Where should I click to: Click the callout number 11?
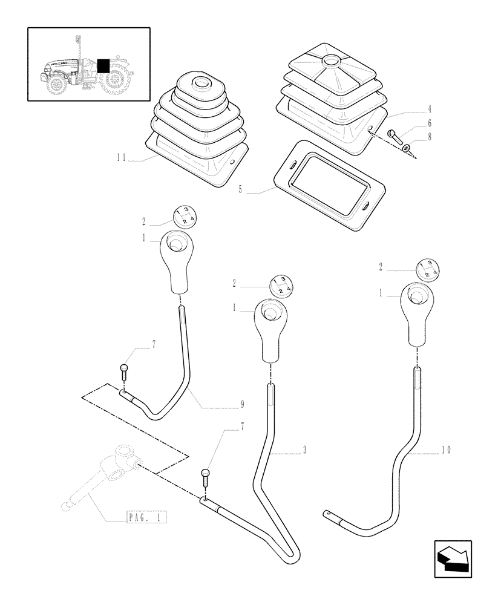pos(122,159)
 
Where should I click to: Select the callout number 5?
pos(241,189)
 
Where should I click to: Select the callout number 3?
pos(305,450)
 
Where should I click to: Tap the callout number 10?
pos(446,450)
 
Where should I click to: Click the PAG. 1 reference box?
pos(146,517)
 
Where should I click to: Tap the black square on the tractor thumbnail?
pos(103,65)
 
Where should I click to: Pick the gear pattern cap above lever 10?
pos(427,270)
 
